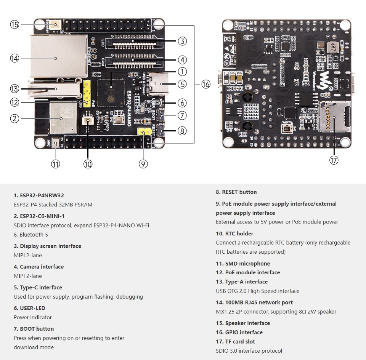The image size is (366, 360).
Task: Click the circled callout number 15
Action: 14,25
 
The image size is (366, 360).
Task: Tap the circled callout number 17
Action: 334,160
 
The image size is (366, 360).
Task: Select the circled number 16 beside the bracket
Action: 205,84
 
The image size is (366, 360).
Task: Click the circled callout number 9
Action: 143,164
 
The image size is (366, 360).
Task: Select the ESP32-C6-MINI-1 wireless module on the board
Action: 63,118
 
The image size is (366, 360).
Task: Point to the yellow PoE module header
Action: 87,93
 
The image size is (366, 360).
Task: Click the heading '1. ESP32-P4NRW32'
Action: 39,195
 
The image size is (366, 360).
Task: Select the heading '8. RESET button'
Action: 236,192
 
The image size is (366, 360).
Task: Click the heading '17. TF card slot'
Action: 235,342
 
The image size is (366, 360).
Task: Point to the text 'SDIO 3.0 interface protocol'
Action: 249,351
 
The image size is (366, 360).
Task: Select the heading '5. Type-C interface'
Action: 38,288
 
